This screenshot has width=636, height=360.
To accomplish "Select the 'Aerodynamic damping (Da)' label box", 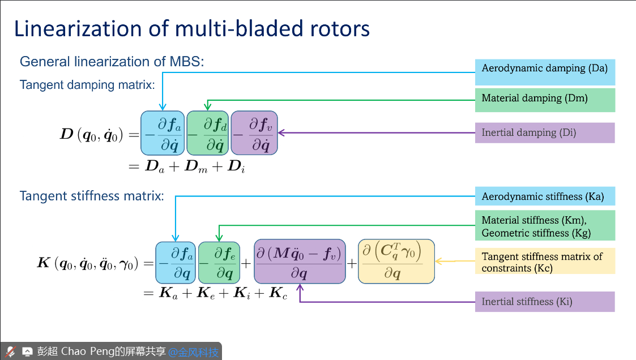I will (x=544, y=69).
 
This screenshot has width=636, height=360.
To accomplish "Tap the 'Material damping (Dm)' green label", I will (x=544, y=98).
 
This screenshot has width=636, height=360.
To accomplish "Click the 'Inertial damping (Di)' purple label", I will (x=544, y=133).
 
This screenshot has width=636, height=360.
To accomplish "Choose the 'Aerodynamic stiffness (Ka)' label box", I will (x=544, y=197).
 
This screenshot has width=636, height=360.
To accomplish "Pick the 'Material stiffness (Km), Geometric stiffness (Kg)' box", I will (x=544, y=226).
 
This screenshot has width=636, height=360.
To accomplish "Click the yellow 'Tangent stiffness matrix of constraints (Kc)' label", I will (x=544, y=262).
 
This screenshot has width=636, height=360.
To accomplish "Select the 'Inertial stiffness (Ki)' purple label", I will (x=544, y=302).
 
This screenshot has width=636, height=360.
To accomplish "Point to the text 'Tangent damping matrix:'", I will (x=87, y=85).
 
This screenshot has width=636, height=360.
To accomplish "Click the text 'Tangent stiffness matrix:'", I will (x=92, y=196).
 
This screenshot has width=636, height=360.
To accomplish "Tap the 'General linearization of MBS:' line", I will (x=112, y=62).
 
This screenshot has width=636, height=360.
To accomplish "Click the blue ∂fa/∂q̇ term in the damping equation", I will (x=163, y=133).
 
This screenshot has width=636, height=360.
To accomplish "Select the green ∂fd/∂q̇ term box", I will (x=208, y=133).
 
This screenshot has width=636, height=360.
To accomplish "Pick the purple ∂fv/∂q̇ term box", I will (x=254, y=133).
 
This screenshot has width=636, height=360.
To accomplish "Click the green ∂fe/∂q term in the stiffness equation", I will (x=219, y=262).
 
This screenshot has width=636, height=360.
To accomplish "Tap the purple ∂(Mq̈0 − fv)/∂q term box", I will (x=300, y=262).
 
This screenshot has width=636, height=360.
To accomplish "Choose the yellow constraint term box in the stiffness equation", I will (x=396, y=262).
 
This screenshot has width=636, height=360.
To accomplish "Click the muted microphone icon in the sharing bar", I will (x=10, y=352).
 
